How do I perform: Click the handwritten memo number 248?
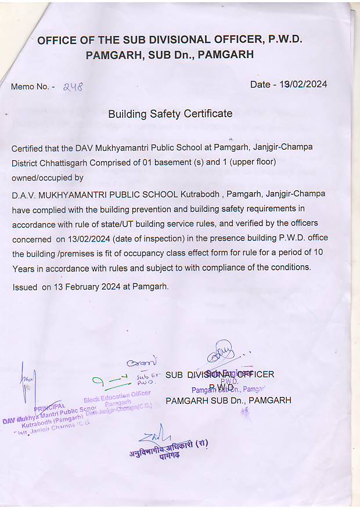click(x=73, y=86)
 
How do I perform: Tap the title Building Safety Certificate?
click(x=170, y=114)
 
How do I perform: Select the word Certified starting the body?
click(x=30, y=148)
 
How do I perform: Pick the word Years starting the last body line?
click(x=24, y=268)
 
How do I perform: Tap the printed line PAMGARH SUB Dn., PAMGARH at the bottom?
click(x=228, y=400)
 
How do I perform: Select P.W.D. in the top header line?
click(x=286, y=40)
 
